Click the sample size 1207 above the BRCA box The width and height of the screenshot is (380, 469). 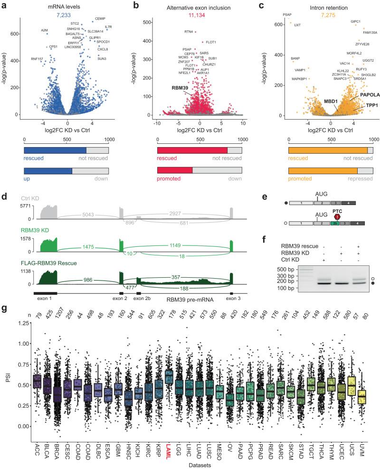[56, 314]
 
